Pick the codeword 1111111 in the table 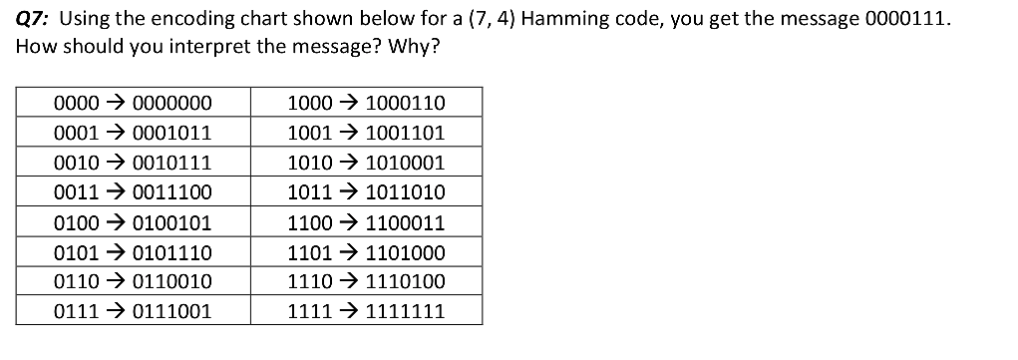click(x=406, y=311)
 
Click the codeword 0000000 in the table click(x=171, y=103)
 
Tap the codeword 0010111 click(x=171, y=163)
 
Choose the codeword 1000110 click(x=406, y=103)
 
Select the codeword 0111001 click(x=171, y=311)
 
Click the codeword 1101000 click(x=406, y=252)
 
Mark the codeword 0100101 click(x=171, y=222)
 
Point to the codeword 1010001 click(x=406, y=163)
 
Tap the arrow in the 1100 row click(x=349, y=222)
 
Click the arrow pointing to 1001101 click(x=349, y=133)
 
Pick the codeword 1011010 click(x=406, y=192)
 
